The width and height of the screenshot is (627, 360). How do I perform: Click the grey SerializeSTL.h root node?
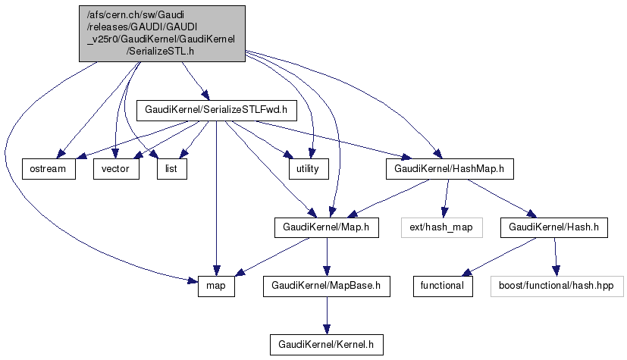click(x=161, y=33)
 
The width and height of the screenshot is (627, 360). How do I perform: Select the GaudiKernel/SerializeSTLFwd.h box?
click(x=216, y=110)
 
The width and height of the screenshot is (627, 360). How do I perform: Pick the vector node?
click(x=116, y=169)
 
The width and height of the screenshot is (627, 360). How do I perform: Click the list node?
click(x=171, y=169)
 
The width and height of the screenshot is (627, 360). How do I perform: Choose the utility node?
click(x=307, y=169)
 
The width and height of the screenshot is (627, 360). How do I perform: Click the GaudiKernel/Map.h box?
click(x=326, y=227)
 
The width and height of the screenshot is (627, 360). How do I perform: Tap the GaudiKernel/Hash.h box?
click(x=554, y=227)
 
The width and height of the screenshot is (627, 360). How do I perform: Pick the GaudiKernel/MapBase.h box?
click(x=326, y=286)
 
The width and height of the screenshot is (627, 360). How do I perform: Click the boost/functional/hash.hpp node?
click(x=556, y=286)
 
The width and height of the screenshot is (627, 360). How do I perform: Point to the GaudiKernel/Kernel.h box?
click(x=326, y=345)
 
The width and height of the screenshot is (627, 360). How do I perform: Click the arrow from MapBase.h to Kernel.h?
click(x=326, y=315)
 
